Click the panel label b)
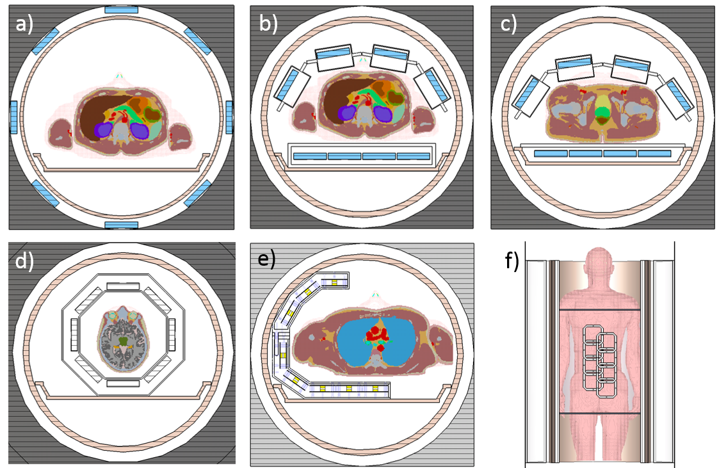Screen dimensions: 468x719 click(267, 24)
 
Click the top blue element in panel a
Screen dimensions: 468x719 click(121, 10)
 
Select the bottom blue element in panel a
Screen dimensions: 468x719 click(121, 225)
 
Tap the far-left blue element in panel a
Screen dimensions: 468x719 click(13, 117)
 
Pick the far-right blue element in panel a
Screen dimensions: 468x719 click(229, 117)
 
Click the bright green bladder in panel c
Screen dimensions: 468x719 click(602, 113)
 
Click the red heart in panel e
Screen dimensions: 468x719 click(374, 335)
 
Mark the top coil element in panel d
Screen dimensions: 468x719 click(122, 286)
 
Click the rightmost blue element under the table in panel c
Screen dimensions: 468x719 click(654, 154)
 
